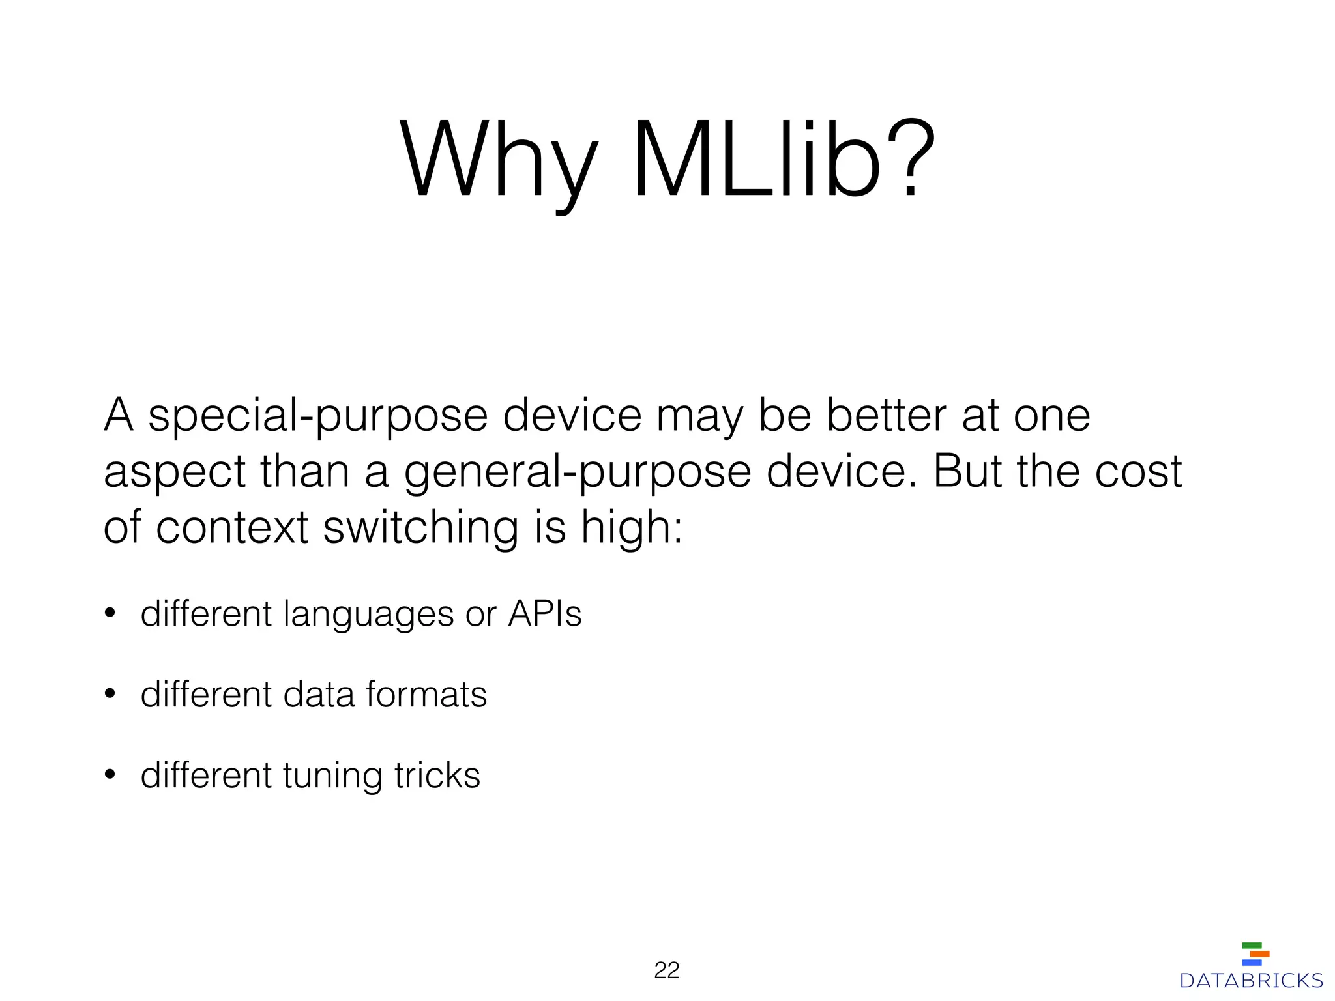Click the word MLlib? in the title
tap(784, 160)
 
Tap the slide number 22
tap(666, 970)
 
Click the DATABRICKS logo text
tap(1251, 981)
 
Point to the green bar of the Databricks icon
tap(1252, 946)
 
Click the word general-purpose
tap(578, 473)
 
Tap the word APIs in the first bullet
tap(544, 614)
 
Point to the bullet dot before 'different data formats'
tap(110, 695)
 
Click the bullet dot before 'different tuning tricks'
tap(110, 776)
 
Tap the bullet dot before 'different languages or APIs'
tap(110, 614)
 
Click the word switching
tap(421, 528)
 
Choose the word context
tap(231, 528)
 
